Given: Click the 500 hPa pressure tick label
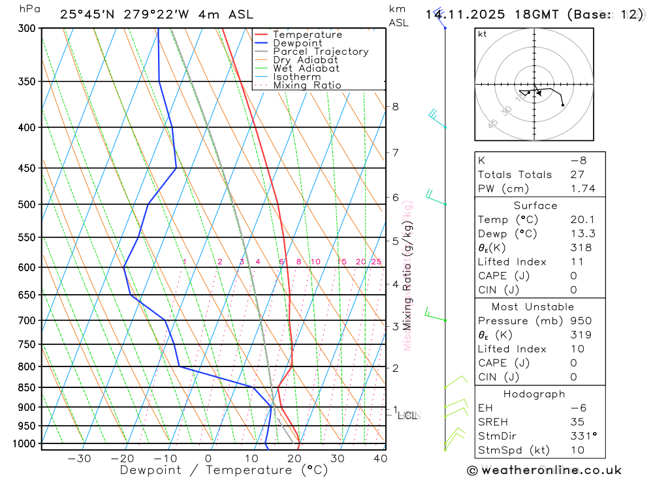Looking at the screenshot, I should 27,204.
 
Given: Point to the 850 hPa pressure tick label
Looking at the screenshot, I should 27,387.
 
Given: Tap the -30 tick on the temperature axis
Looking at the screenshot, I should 79,458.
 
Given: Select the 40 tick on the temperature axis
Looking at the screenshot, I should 380,458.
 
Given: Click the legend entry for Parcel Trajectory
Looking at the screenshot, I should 321,52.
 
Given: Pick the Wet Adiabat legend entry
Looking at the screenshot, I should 306,68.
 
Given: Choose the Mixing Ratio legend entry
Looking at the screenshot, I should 307,85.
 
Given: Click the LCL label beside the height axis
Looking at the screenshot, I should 407,415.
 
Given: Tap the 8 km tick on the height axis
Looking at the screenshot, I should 395,106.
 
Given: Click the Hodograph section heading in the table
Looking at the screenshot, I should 534,394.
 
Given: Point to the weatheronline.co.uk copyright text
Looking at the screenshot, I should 544,470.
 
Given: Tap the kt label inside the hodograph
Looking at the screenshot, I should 482,34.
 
